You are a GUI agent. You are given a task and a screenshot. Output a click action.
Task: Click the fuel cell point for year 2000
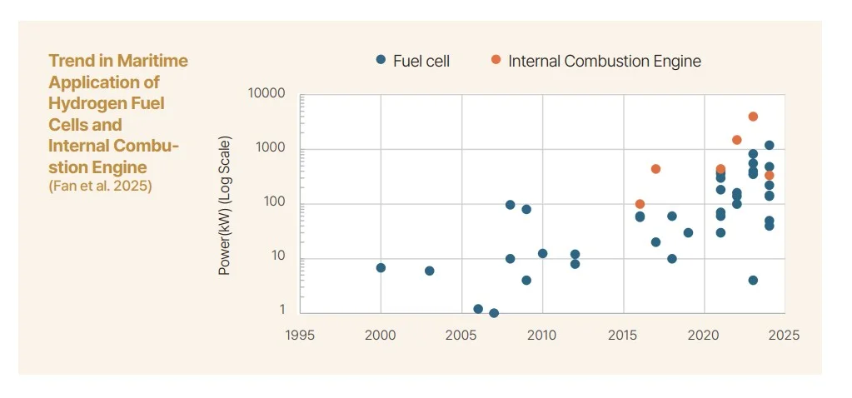(x=381, y=268)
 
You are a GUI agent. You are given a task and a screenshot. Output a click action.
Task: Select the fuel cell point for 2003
(x=429, y=271)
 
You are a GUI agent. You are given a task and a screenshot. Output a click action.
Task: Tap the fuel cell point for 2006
(x=478, y=309)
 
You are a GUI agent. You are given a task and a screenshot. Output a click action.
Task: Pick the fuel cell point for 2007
(x=494, y=313)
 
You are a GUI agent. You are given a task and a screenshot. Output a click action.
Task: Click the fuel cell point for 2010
(x=542, y=254)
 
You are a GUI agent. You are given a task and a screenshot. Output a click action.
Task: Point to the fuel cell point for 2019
(x=688, y=233)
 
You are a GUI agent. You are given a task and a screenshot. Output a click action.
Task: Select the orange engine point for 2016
(x=640, y=204)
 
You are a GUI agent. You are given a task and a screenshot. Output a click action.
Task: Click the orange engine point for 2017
(x=655, y=169)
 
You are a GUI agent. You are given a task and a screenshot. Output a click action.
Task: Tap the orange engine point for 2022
(x=736, y=140)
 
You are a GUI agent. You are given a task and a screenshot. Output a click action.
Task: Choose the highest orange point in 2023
(x=753, y=117)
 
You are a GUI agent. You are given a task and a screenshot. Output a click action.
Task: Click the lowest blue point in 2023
(x=753, y=281)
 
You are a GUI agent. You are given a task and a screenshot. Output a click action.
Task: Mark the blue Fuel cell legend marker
(x=381, y=60)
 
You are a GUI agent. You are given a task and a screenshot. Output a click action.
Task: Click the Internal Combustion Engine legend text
(x=604, y=61)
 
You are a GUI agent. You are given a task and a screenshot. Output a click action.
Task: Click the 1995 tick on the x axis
(x=300, y=336)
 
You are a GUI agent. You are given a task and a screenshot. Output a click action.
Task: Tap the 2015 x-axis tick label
(x=623, y=336)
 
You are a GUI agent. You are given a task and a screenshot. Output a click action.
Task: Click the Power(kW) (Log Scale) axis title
(x=224, y=205)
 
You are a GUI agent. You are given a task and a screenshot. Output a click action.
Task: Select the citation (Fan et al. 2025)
(x=101, y=187)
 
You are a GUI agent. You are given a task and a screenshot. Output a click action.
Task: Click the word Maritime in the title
(x=152, y=61)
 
